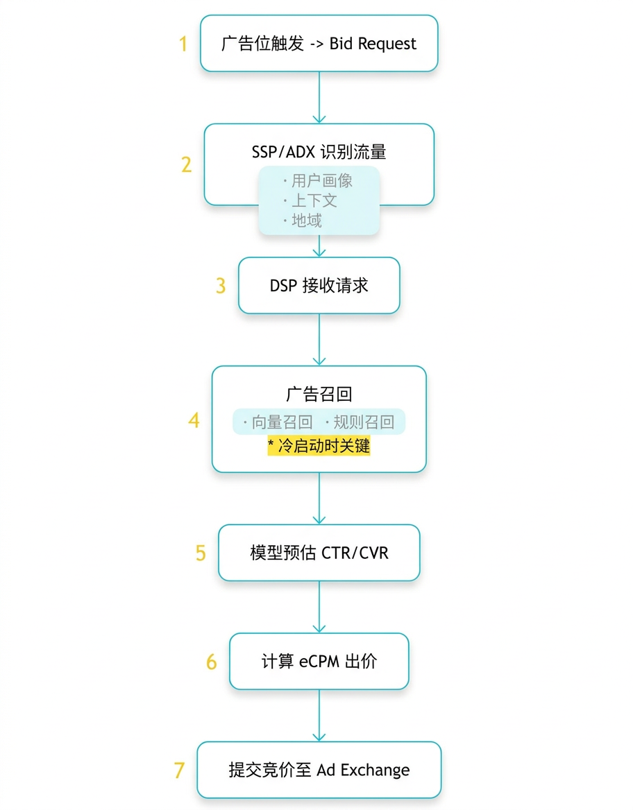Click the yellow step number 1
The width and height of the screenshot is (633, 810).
coord(183,44)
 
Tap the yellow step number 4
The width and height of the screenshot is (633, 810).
coord(194,420)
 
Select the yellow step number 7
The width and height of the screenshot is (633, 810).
coord(180,770)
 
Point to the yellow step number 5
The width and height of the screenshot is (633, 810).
coord(201,553)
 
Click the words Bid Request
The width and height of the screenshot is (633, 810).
coord(372,44)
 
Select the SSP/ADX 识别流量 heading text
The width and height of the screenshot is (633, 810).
coord(319,152)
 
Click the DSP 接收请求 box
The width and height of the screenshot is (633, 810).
coord(319,286)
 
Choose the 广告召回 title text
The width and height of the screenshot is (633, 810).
coord(319,394)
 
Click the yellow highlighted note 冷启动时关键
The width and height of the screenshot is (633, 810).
coord(319,445)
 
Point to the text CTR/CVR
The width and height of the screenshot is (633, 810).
coord(355,553)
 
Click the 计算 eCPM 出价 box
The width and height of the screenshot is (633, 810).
coord(319,661)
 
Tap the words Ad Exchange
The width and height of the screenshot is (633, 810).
coord(363,770)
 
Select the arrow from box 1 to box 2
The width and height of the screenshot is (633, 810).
coord(319,97)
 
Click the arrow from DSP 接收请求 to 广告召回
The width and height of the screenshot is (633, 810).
coord(319,340)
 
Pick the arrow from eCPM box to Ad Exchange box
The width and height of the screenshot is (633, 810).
coord(319,716)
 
